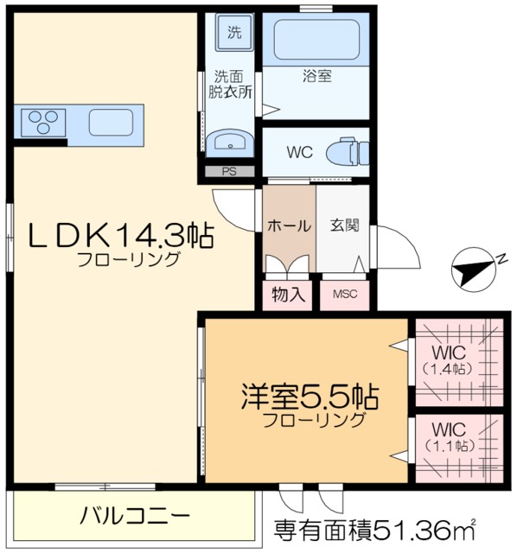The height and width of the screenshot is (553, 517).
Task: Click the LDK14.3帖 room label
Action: coord(121,234)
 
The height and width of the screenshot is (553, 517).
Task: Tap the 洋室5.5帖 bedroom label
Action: coord(310,398)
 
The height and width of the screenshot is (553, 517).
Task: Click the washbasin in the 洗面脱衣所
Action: coord(231,143)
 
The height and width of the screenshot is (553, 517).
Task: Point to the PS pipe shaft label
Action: coord(229,171)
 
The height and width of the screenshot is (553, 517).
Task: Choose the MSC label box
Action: coord(345,294)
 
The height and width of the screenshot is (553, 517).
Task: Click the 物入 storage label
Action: coord(289,294)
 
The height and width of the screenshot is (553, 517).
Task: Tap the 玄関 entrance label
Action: coord(343,226)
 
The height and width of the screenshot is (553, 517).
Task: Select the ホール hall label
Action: coord(289,226)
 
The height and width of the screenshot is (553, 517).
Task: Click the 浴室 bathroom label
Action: coord(317,76)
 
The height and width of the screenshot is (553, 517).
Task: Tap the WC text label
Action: coord(299,152)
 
